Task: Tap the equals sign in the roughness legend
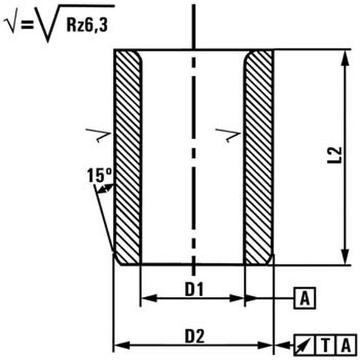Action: click(27, 24)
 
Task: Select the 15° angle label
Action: click(99, 175)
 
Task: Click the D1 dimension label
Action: click(194, 289)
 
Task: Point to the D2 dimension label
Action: click(195, 336)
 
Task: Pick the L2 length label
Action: click(334, 155)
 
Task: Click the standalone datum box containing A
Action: click(305, 298)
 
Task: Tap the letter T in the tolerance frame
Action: click(325, 345)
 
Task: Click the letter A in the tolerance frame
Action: click(346, 345)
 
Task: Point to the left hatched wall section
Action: click(128, 157)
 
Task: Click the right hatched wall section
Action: click(259, 157)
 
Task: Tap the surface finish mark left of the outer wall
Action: click(99, 135)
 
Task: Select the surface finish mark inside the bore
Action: click(228, 135)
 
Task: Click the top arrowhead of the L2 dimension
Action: click(345, 58)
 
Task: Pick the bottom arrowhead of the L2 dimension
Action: click(345, 256)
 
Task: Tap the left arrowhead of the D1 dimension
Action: click(149, 298)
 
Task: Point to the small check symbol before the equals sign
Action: click(11, 25)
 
